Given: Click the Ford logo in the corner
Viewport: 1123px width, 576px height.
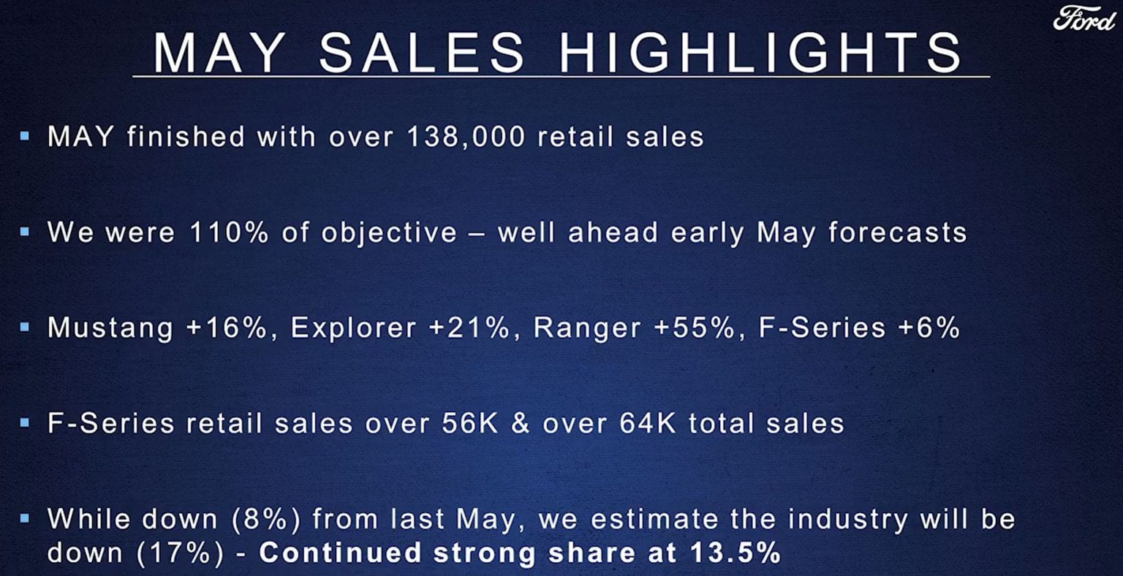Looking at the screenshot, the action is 1084,19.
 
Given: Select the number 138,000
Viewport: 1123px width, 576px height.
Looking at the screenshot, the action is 466,137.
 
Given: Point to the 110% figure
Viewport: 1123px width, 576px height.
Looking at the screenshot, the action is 229,232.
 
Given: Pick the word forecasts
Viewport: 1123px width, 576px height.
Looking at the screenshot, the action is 897,232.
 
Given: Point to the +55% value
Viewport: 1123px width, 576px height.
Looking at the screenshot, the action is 695,328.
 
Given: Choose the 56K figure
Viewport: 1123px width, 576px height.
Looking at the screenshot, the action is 470,423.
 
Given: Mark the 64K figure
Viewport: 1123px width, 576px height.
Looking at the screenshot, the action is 648,423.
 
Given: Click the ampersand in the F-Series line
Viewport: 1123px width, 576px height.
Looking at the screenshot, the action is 521,423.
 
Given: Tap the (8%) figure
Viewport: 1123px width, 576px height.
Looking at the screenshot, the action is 266,520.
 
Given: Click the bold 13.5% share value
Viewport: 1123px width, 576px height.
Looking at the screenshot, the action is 736,553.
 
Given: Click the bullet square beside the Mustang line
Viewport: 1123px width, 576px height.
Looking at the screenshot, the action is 25,327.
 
